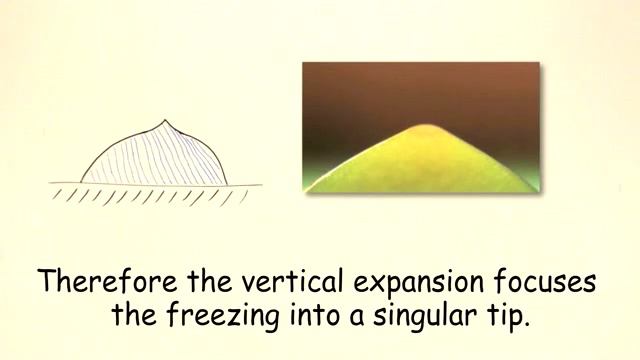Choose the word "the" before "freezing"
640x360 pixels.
[x=132, y=317]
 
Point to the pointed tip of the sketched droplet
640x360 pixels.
[x=166, y=121]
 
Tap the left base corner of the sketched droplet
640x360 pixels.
[x=79, y=182]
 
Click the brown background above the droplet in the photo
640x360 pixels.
[x=420, y=90]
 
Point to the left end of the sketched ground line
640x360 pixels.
[x=51, y=184]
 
